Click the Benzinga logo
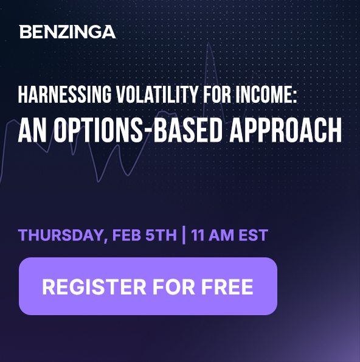pos(67,32)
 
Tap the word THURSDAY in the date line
pos(61,235)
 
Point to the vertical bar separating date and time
pos(184,235)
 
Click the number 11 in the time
pos(198,235)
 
